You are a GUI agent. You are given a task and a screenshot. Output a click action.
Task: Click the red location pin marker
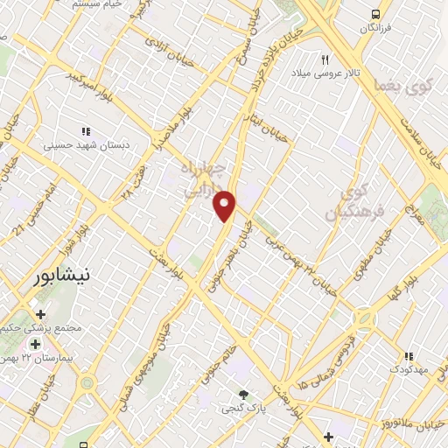225,206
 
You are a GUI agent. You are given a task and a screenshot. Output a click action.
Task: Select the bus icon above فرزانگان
375,15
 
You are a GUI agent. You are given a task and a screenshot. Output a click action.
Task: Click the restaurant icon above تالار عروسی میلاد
325,59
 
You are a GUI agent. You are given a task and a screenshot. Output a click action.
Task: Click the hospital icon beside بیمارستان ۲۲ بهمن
35,344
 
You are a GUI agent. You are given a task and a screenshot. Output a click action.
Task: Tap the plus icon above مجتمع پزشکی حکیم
40,313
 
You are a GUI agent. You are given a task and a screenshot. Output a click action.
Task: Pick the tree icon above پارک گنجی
243,394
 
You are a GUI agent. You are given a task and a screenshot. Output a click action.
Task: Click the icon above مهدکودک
407,356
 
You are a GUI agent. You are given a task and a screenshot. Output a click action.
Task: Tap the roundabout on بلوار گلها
362,318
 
